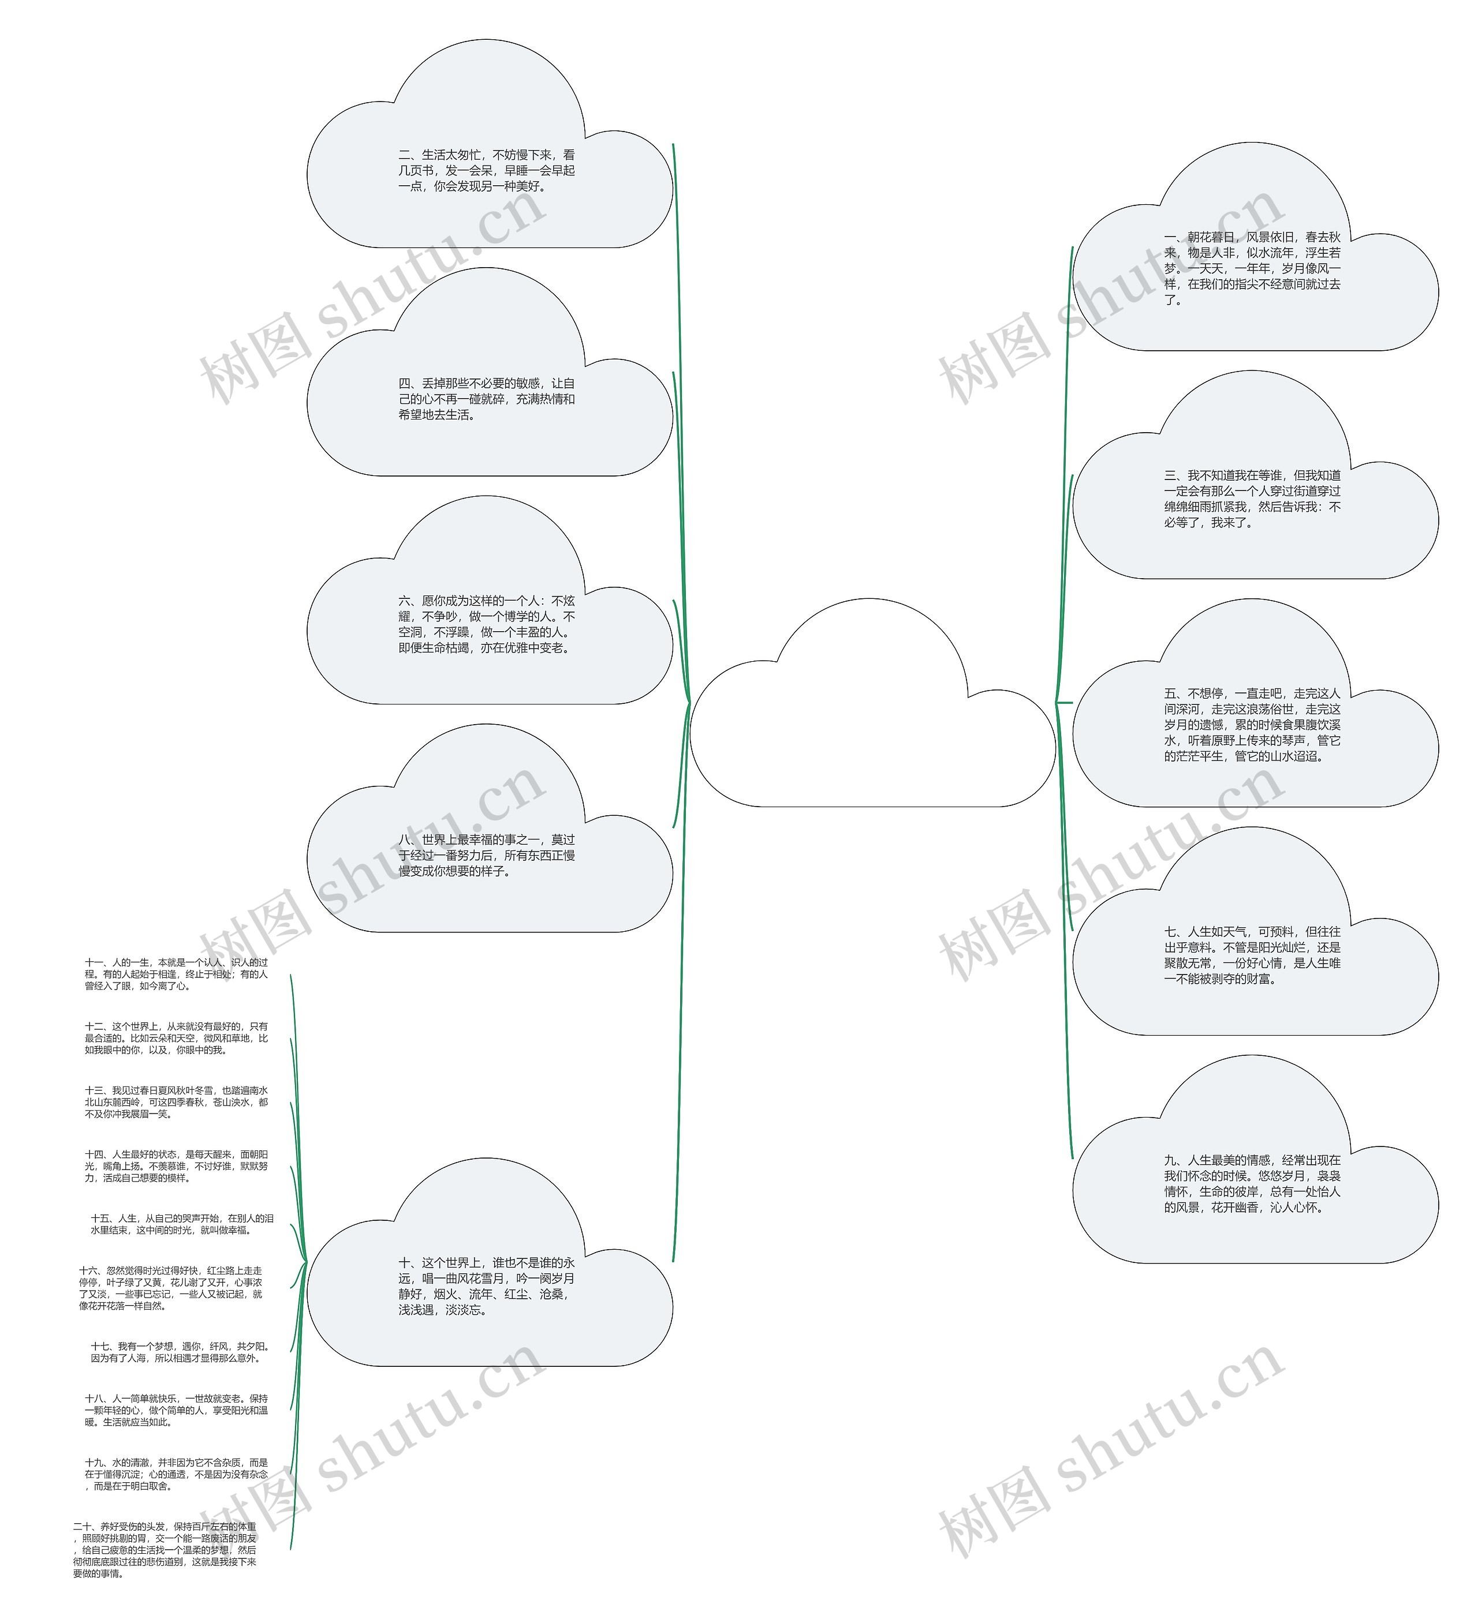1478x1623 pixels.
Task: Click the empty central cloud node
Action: pyautogui.click(x=872, y=725)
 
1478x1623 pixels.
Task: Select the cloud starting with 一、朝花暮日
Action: pyautogui.click(x=1253, y=269)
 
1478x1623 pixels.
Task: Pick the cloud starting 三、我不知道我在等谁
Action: pyautogui.click(x=1253, y=498)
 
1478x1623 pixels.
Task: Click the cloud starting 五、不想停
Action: pyautogui.click(x=1253, y=725)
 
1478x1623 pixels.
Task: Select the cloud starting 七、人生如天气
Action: pyautogui.click(x=1253, y=955)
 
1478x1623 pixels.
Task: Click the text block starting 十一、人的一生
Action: pyautogui.click(x=177, y=974)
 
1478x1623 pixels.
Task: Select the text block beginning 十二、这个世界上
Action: pyautogui.click(x=177, y=1038)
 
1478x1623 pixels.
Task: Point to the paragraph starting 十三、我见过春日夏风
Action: pyautogui.click(x=177, y=1102)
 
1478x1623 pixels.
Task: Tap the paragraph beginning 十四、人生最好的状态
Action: pyautogui.click(x=177, y=1165)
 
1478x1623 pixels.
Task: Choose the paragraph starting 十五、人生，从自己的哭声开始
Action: pyautogui.click(x=182, y=1224)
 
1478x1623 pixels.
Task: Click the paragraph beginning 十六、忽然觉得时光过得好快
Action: pyautogui.click(x=171, y=1288)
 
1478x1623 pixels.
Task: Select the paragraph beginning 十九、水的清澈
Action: pyautogui.click(x=177, y=1474)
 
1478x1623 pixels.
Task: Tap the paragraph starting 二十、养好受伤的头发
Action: pyautogui.click(x=165, y=1550)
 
